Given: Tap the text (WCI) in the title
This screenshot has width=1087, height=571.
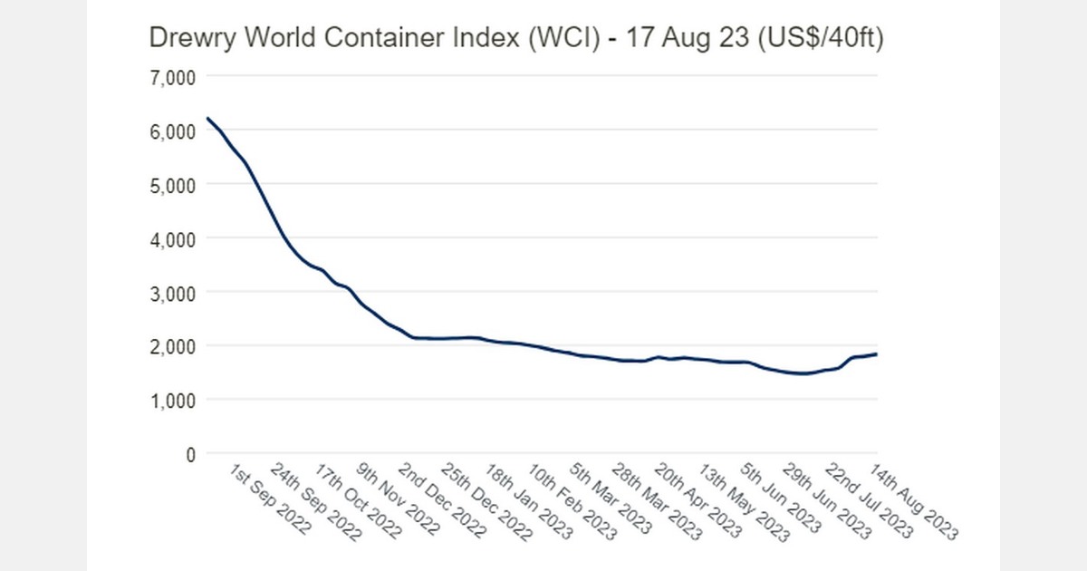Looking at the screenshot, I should [573, 38].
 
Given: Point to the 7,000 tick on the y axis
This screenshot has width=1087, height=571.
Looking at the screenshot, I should [172, 77].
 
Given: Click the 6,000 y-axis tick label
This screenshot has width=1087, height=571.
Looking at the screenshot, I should [172, 131].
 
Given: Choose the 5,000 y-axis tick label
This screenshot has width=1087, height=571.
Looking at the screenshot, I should [172, 185].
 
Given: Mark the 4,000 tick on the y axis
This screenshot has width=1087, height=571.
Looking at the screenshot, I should [172, 239].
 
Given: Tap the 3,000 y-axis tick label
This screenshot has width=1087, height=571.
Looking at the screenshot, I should [172, 293].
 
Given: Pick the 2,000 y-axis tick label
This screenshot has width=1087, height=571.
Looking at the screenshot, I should [172, 346].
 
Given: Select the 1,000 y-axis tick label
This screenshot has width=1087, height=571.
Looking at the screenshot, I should [172, 401].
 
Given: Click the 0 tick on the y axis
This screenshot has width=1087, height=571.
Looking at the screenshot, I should [188, 454].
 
